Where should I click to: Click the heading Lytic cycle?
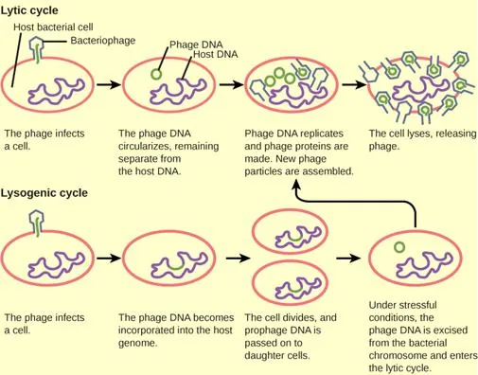(x=31, y=10)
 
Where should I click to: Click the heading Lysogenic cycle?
(x=44, y=193)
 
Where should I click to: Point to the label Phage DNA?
(x=196, y=44)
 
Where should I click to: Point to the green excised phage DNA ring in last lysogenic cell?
(x=400, y=249)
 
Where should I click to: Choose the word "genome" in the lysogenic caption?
(x=136, y=343)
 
